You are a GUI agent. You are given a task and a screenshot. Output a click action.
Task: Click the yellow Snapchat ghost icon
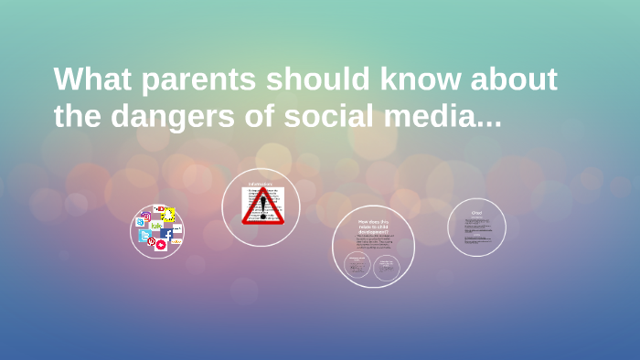click(x=168, y=215)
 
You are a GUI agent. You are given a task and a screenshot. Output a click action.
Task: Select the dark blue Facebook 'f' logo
click(x=167, y=234)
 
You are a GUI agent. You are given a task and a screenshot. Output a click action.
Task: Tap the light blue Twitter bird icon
click(x=144, y=236)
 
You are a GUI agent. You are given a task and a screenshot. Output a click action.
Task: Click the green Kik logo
click(x=156, y=225)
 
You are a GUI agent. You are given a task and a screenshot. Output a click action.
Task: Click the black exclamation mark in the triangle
click(x=262, y=207)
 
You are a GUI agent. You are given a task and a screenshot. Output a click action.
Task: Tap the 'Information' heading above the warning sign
click(x=262, y=185)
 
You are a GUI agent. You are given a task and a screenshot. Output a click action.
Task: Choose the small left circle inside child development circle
click(x=357, y=266)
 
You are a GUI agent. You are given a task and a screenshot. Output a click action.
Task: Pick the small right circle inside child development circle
click(x=388, y=266)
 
